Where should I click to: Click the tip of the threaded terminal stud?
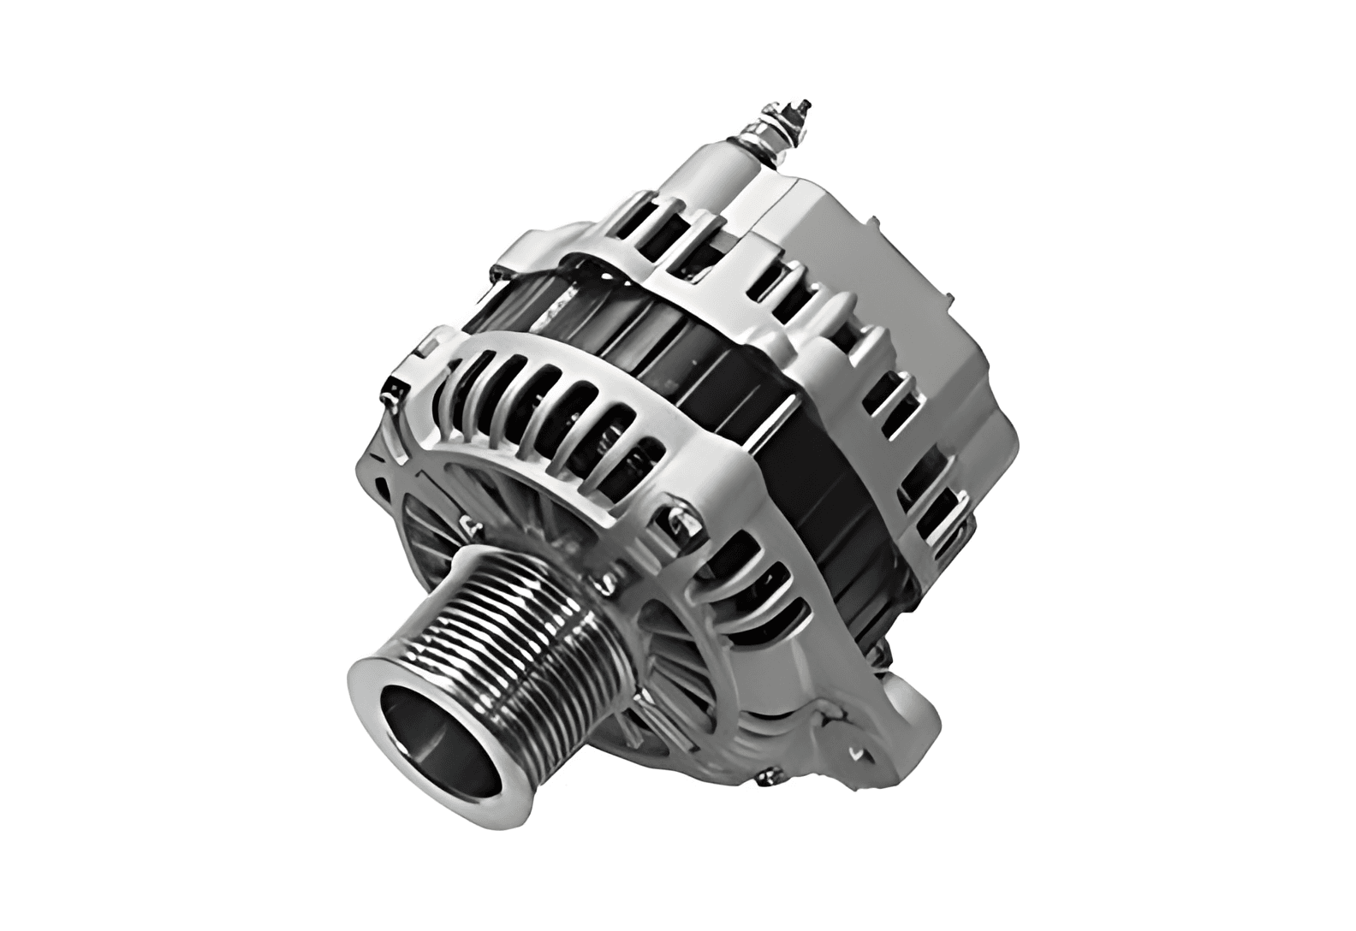(x=803, y=109)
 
